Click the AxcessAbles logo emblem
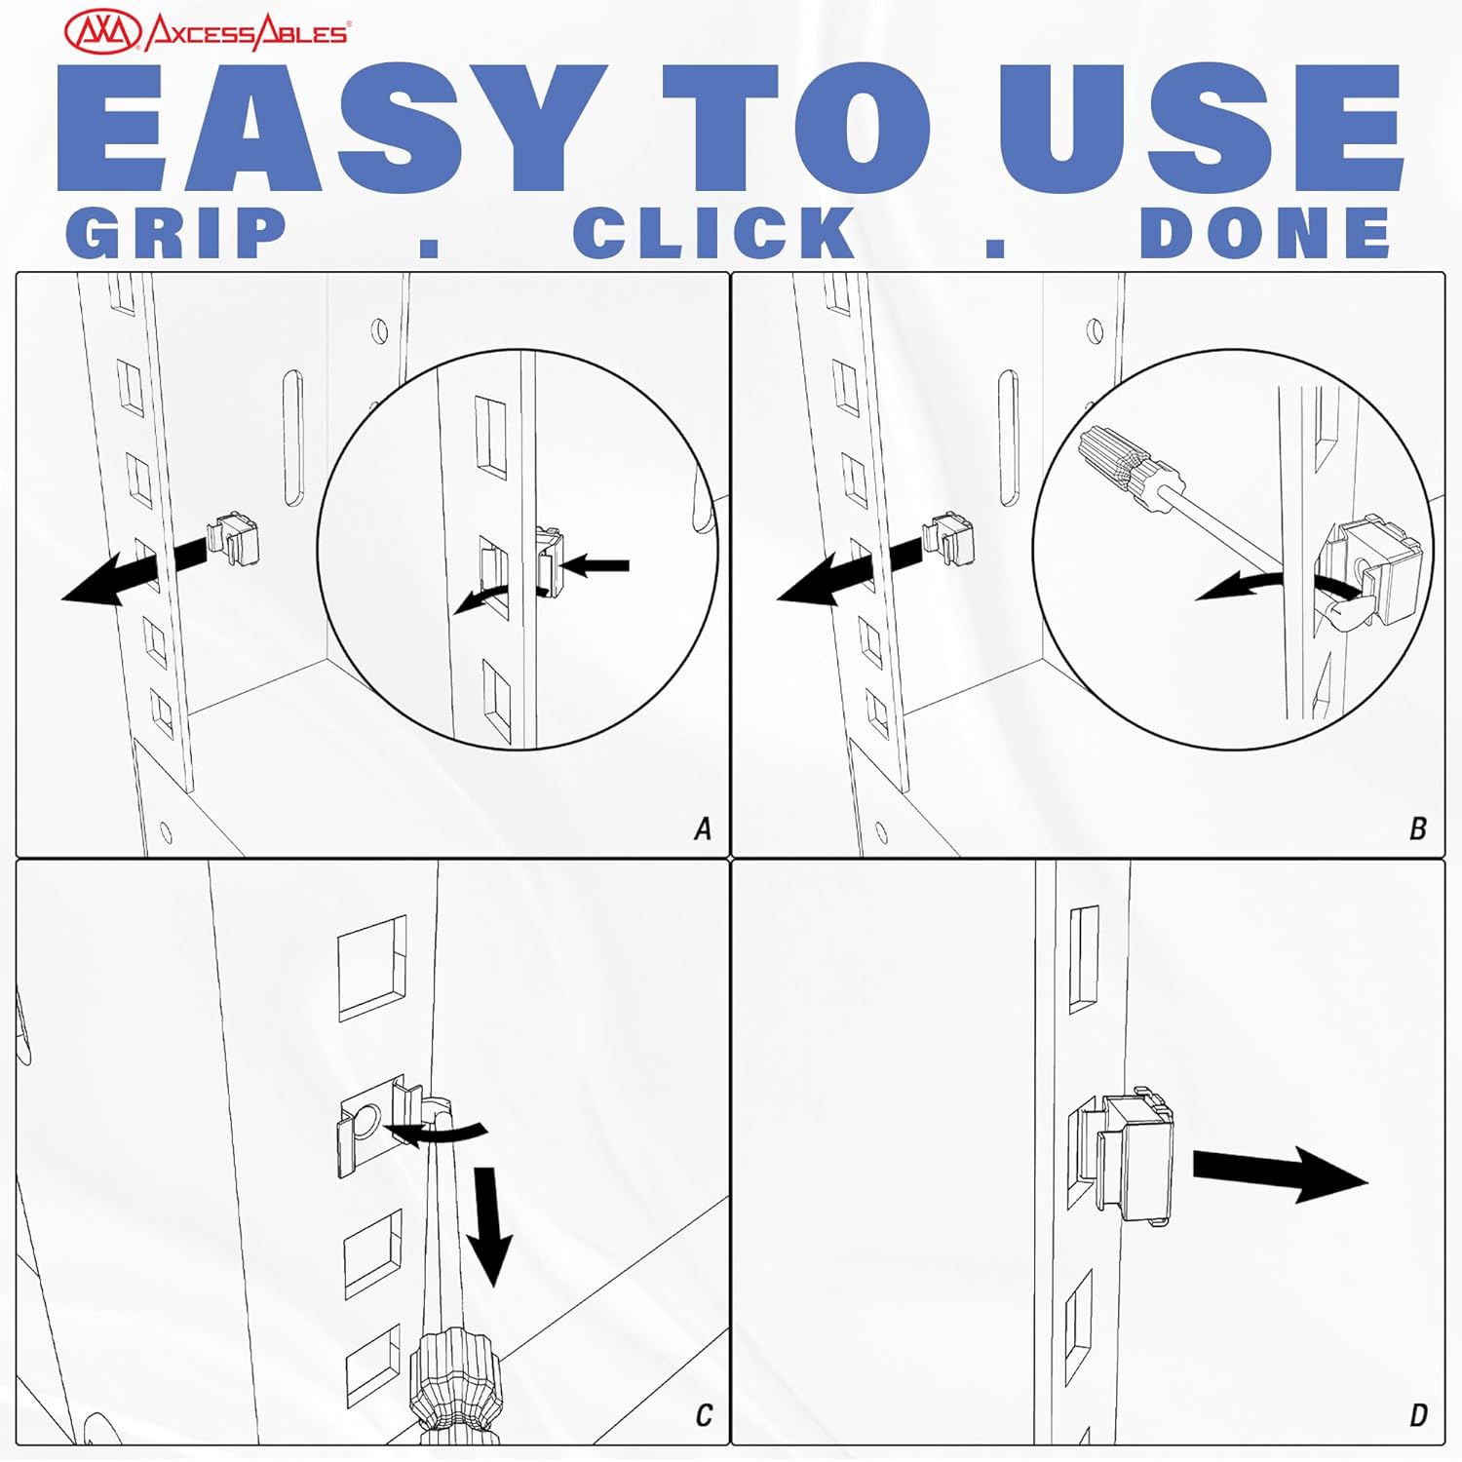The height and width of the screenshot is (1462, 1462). tap(104, 31)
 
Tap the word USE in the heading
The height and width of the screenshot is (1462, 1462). tap(1200, 128)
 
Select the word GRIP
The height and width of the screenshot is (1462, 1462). tap(176, 233)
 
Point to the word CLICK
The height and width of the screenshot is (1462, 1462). tap(714, 233)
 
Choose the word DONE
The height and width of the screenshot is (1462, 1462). tap(1265, 233)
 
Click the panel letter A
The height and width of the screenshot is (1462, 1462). tap(703, 829)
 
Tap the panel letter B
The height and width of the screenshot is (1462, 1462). tap(1418, 829)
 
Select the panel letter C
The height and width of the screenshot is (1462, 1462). tap(704, 1415)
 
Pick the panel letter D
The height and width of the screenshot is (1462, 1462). tap(1419, 1415)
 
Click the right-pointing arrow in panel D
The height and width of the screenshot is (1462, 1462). tap(1281, 1173)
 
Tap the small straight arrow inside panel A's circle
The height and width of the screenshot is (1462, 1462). tap(595, 564)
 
